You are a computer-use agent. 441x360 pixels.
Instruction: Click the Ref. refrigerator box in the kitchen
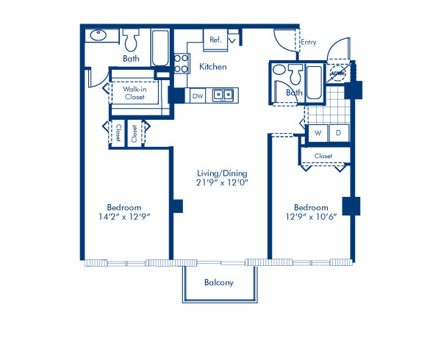pos(216,40)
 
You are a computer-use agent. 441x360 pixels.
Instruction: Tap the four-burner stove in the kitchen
pos(182,63)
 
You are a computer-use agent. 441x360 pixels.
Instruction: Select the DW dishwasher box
pos(197,96)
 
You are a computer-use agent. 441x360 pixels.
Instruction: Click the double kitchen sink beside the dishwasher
pos(223,95)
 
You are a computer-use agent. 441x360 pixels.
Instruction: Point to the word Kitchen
pos(213,67)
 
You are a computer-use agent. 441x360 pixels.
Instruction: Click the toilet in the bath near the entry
pos(295,73)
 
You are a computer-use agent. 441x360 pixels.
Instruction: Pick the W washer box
pos(318,133)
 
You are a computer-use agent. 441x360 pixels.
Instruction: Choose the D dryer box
pos(339,133)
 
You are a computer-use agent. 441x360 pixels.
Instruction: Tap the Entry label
pos(309,43)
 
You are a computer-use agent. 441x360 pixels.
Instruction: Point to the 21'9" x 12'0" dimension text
pos(220,183)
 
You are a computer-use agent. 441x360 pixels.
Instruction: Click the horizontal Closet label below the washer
pos(323,156)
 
